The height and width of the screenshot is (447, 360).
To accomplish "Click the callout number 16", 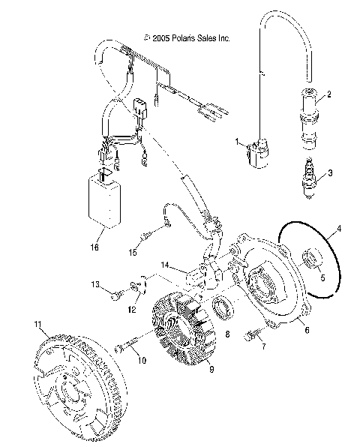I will [94, 245].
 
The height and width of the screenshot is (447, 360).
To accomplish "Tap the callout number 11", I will [36, 323].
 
